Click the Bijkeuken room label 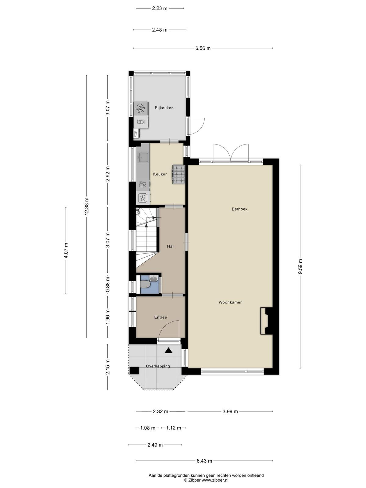(164, 108)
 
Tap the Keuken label (160, 174)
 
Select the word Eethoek (239, 209)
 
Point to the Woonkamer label (230, 302)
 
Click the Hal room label (170, 246)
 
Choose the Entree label (160, 317)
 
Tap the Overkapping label (158, 366)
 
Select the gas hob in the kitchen (179, 174)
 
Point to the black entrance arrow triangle (168, 351)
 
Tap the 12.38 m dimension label (87, 206)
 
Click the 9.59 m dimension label (300, 267)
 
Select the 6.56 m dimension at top (203, 48)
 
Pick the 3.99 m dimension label (230, 411)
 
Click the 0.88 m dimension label (108, 285)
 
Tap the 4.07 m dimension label (66, 251)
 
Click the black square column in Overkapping (134, 370)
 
